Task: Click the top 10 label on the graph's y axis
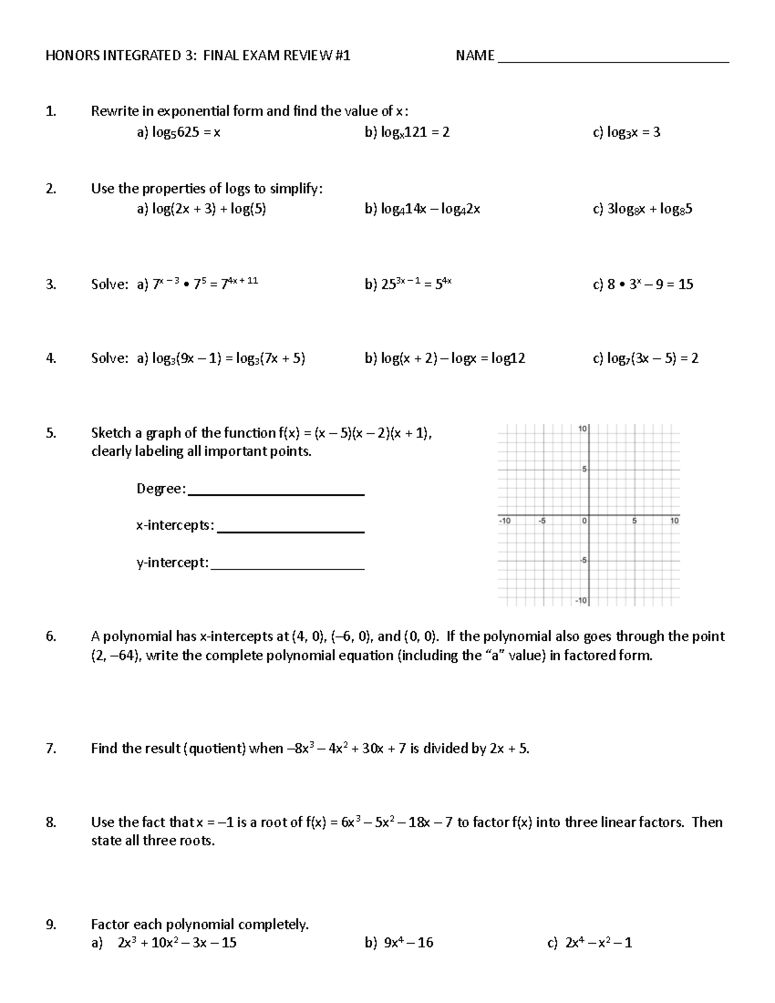pyautogui.click(x=582, y=429)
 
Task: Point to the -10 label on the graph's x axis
pyautogui.click(x=504, y=521)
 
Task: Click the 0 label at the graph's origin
pyautogui.click(x=584, y=521)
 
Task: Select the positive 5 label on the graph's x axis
pyautogui.click(x=634, y=521)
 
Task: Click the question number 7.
pyautogui.click(x=51, y=749)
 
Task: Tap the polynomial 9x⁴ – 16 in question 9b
pyautogui.click(x=408, y=943)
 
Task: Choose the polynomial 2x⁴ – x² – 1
pyautogui.click(x=598, y=943)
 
